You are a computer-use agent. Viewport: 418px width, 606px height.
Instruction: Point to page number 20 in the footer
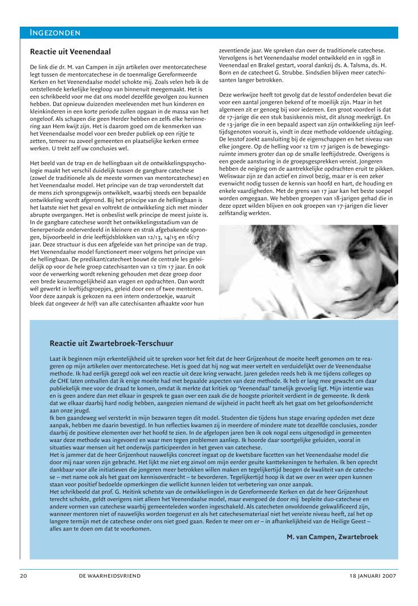(23, 575)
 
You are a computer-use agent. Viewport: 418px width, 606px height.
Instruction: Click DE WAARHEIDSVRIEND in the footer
(109, 575)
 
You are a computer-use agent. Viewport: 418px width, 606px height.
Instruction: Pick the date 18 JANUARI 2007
(373, 575)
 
